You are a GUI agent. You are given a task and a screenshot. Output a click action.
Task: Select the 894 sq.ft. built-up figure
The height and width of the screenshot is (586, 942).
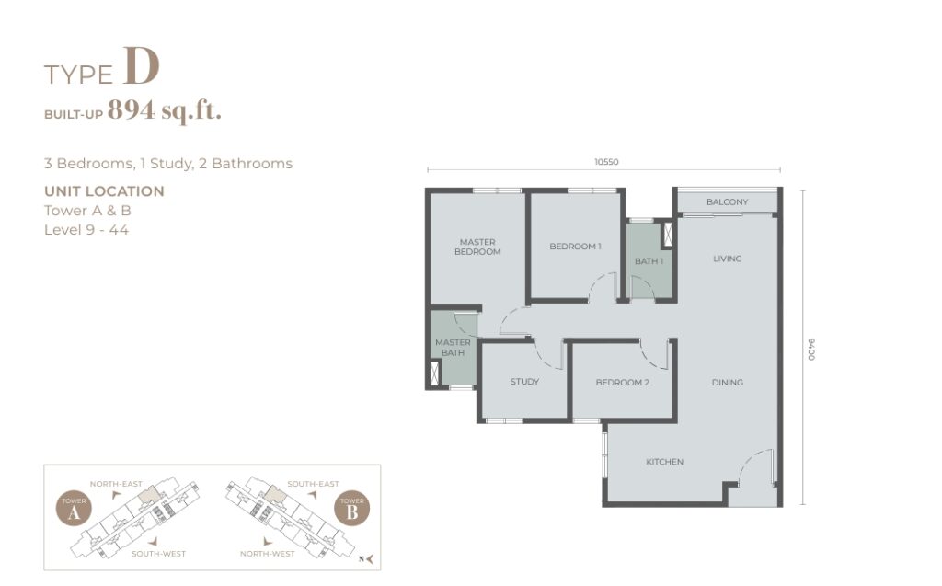tap(165, 110)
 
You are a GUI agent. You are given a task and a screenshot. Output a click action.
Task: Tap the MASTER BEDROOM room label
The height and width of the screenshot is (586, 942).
tap(477, 247)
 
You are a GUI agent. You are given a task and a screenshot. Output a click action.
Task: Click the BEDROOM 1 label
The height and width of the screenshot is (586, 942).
tap(575, 247)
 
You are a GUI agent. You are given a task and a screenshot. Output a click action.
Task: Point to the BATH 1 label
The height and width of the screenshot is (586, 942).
tap(649, 261)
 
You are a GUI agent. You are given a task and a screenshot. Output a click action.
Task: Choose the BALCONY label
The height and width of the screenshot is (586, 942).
tap(727, 202)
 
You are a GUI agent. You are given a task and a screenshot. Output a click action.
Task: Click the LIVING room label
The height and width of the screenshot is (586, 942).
tap(727, 259)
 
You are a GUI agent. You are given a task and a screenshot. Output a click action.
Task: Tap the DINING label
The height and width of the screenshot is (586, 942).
tap(727, 383)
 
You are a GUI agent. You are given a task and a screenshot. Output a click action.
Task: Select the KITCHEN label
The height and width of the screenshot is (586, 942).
tap(664, 462)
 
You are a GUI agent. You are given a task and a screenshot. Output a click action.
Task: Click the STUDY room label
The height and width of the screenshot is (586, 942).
tap(524, 382)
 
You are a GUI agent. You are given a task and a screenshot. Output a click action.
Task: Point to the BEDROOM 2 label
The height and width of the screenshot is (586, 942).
tap(623, 383)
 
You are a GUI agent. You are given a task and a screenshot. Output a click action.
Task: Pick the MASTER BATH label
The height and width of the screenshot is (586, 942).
tap(453, 348)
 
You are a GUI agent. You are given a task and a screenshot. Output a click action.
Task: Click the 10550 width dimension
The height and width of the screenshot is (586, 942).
tap(606, 162)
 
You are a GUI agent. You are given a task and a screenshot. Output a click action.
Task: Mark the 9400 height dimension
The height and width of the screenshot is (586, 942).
tap(811, 350)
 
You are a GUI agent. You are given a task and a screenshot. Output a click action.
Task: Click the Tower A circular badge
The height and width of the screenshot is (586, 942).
tap(74, 509)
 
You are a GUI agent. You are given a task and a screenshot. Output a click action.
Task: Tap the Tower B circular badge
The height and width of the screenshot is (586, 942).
tap(352, 509)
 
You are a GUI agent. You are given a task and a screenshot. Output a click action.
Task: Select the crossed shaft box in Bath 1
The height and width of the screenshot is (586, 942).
tap(667, 235)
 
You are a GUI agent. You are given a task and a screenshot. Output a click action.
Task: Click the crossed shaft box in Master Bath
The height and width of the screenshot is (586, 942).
tap(435, 372)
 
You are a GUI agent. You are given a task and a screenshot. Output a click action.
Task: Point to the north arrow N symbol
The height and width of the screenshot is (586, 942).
tap(366, 559)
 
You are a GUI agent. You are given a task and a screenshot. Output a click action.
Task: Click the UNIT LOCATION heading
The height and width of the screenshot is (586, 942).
tap(104, 191)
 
